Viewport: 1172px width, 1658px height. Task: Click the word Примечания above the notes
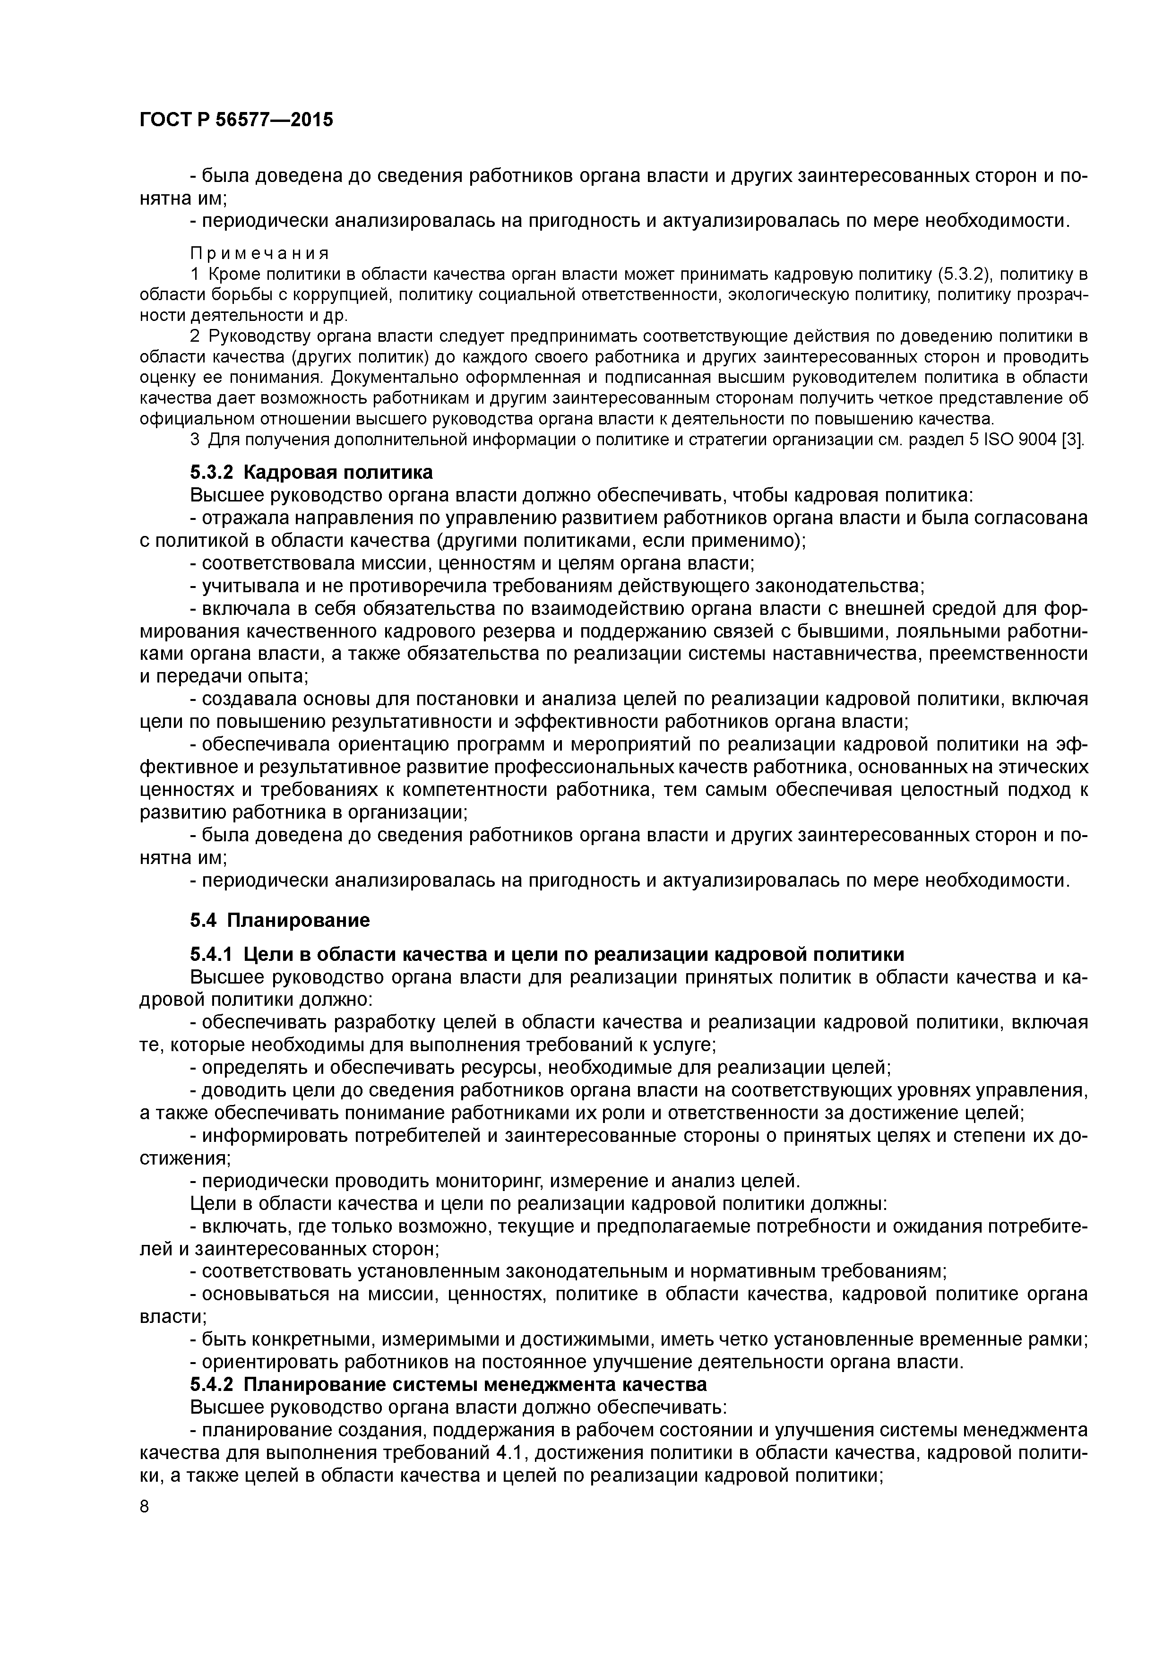pos(259,253)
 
